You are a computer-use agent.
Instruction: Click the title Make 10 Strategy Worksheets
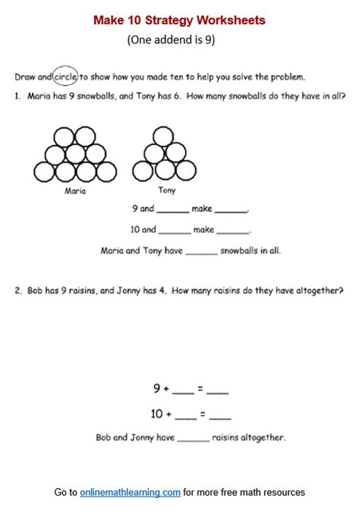pyautogui.click(x=179, y=20)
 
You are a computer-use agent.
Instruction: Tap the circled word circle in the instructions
pyautogui.click(x=65, y=76)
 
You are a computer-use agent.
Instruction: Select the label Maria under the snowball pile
pyautogui.click(x=75, y=191)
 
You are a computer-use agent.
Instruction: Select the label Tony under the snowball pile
pyautogui.click(x=166, y=191)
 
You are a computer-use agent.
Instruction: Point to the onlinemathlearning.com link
pyautogui.click(x=130, y=493)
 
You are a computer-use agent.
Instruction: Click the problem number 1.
pyautogui.click(x=17, y=96)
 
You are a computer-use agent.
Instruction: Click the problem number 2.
pyautogui.click(x=17, y=290)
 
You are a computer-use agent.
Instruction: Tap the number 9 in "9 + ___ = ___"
pyautogui.click(x=156, y=389)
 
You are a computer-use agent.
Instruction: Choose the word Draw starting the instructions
pyautogui.click(x=24, y=77)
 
